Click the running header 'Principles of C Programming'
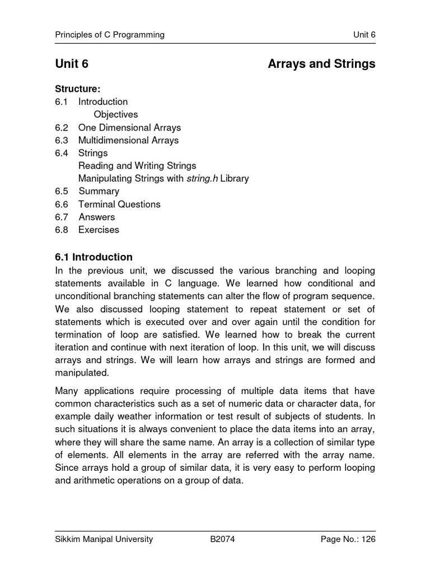tap(110, 35)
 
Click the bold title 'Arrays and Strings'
tap(321, 64)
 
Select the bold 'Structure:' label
tap(77, 89)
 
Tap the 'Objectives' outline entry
tap(116, 114)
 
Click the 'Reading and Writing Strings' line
tap(137, 166)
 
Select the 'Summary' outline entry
tap(99, 191)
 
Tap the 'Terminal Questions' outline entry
tap(119, 204)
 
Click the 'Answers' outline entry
tap(96, 217)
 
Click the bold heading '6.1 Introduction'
tap(94, 257)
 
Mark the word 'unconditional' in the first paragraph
tap(82, 296)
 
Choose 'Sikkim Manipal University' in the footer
tap(104, 540)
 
